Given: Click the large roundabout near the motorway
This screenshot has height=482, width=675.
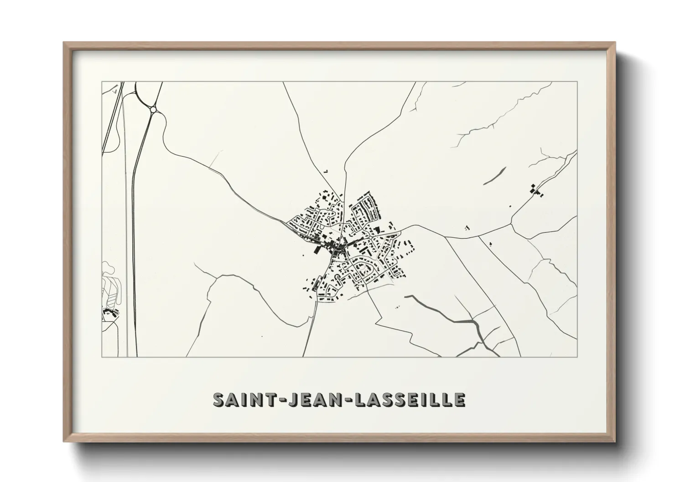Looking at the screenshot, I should coord(153,109).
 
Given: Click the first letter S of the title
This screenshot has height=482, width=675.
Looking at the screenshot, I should coord(219,399).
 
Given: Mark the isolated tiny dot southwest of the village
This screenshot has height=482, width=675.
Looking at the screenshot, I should coord(262,336).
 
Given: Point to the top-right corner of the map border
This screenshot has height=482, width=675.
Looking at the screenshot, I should coord(577,82).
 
